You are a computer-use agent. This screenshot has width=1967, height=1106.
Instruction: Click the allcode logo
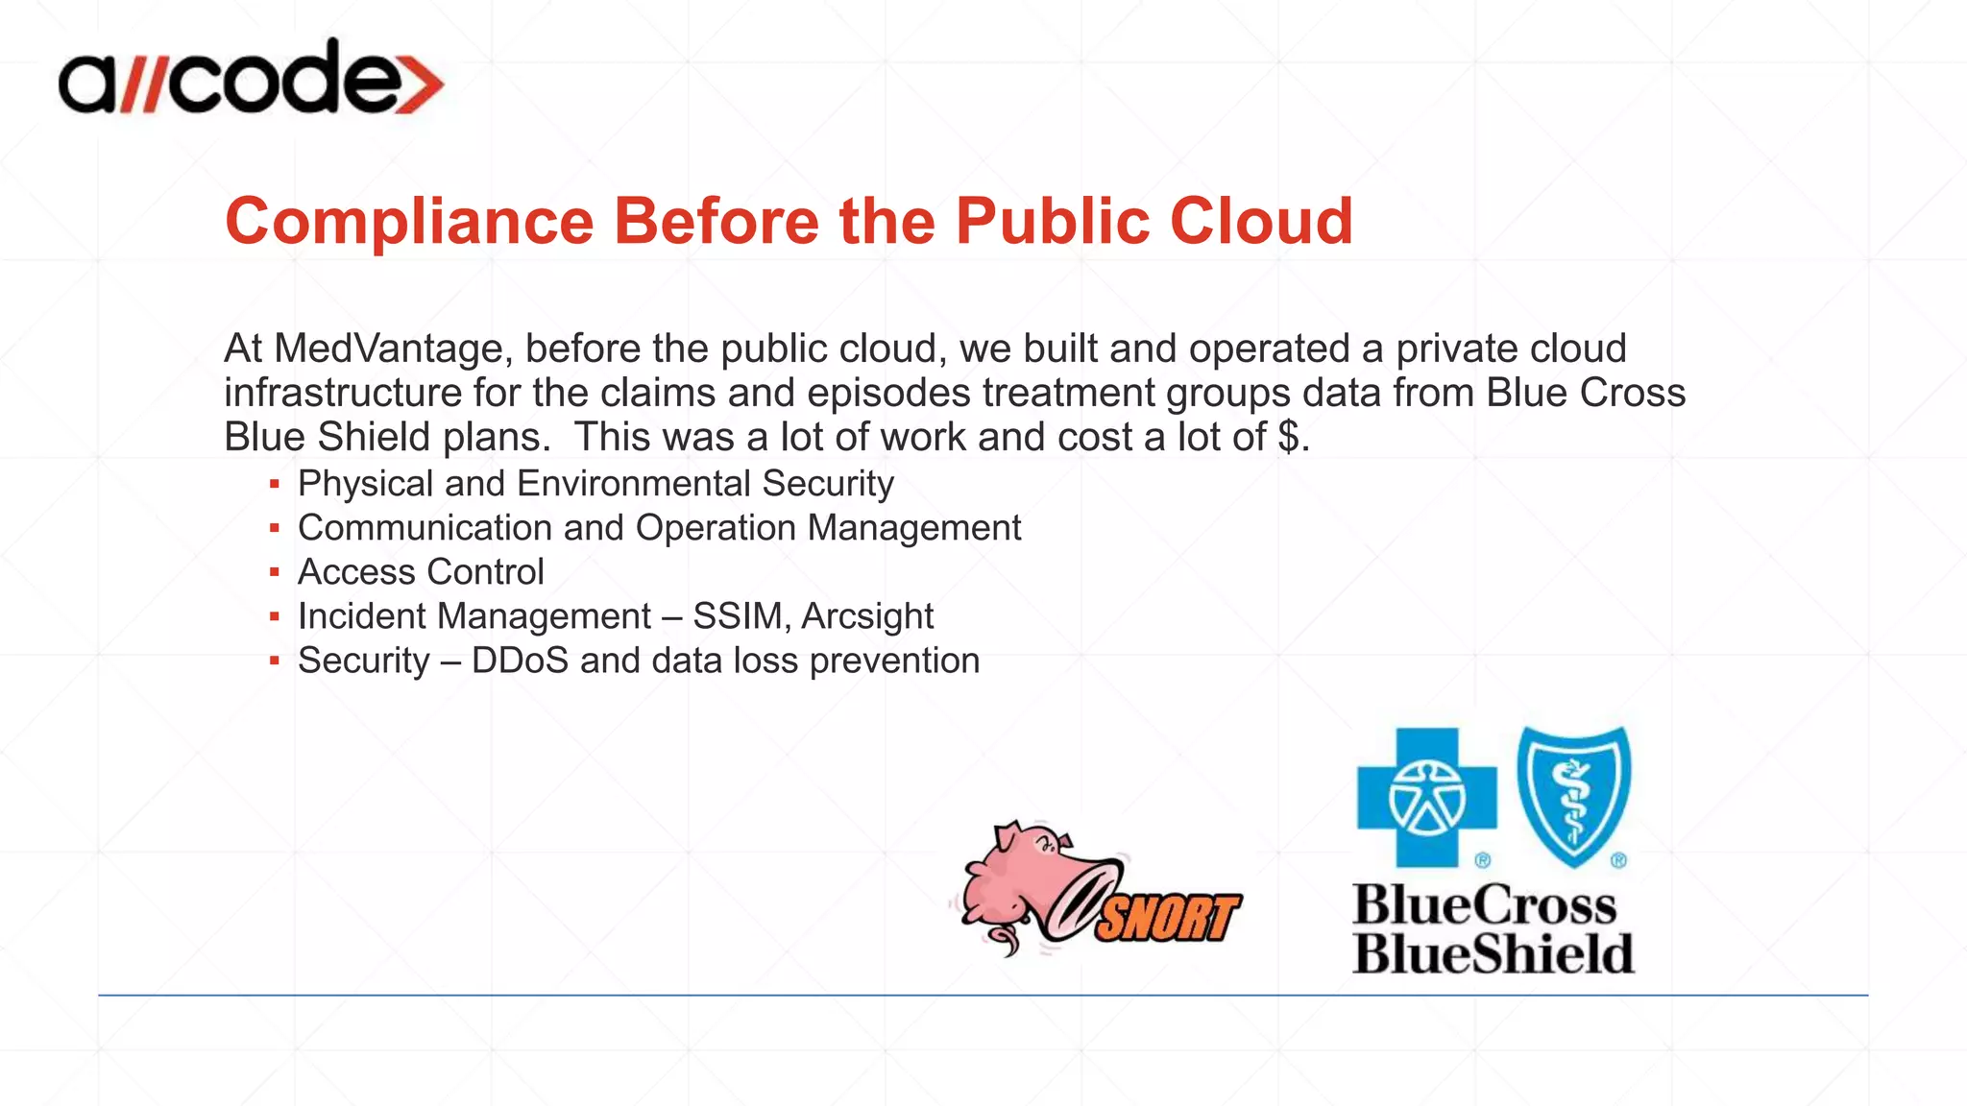point(250,79)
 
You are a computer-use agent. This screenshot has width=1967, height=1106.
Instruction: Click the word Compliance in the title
point(410,222)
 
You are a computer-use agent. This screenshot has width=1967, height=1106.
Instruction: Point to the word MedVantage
point(388,349)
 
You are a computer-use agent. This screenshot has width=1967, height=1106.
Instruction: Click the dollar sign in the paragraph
point(1289,438)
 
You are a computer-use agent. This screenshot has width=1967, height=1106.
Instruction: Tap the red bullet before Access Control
point(275,573)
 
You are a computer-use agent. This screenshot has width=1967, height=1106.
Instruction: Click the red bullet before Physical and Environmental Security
point(275,485)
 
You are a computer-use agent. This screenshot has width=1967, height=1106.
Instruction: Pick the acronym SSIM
point(737,616)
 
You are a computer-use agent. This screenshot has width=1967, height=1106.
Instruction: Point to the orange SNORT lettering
point(1166,917)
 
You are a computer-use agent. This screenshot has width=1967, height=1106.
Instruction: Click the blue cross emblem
point(1426,797)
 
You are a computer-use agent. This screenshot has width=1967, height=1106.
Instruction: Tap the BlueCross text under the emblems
point(1484,905)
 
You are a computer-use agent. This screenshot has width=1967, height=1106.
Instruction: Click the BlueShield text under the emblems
point(1493,954)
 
